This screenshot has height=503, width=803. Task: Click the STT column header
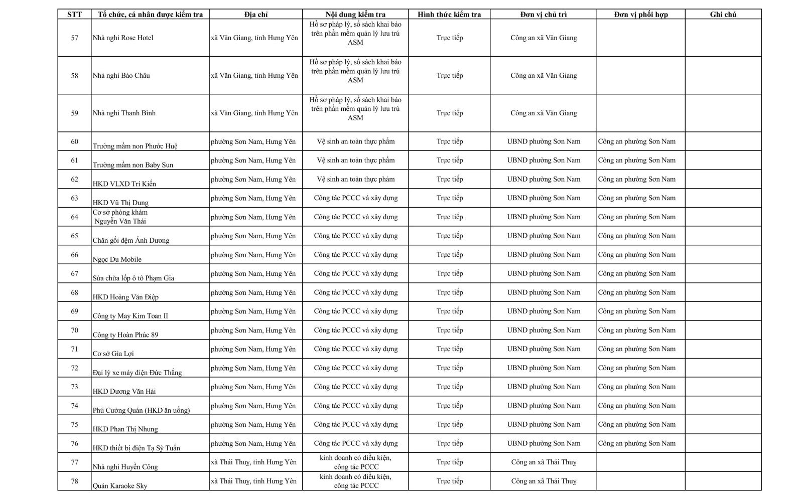click(x=74, y=15)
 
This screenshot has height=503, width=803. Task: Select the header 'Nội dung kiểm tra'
click(x=355, y=15)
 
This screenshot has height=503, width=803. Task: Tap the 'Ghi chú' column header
click(x=723, y=15)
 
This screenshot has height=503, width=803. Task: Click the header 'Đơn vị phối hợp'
click(x=641, y=15)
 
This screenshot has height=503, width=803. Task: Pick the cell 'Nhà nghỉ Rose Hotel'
click(x=123, y=38)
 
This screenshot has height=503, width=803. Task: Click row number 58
click(x=74, y=75)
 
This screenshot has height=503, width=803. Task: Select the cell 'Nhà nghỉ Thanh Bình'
click(x=124, y=113)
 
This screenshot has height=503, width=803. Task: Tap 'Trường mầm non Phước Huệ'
click(x=135, y=146)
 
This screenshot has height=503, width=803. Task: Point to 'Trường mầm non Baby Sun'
click(x=133, y=164)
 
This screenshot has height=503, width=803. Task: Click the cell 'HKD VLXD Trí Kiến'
click(x=124, y=184)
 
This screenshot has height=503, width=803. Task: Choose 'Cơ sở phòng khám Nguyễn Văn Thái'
click(x=120, y=217)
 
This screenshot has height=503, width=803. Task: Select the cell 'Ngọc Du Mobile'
click(x=117, y=259)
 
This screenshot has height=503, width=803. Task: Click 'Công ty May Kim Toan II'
click(x=130, y=316)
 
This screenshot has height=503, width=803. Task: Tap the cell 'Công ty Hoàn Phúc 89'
click(x=125, y=334)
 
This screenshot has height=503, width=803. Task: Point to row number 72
click(x=74, y=368)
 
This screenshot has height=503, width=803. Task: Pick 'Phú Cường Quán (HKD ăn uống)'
click(x=141, y=410)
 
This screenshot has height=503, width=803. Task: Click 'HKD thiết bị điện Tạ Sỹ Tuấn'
click(x=137, y=448)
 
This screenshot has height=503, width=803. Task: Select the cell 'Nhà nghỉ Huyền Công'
click(x=125, y=467)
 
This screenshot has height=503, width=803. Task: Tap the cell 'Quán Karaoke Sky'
click(x=120, y=485)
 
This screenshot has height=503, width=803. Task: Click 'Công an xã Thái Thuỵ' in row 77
click(x=544, y=462)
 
